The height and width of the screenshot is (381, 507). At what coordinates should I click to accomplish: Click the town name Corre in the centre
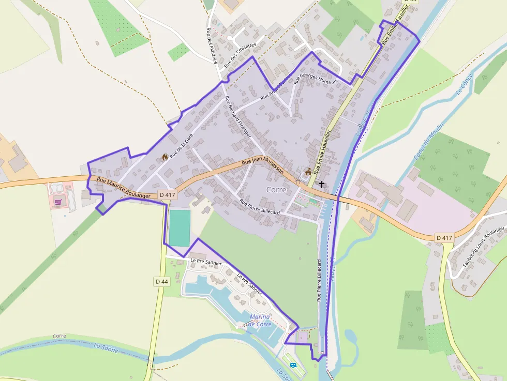point(276,190)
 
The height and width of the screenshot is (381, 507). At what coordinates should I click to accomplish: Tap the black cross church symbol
point(322,184)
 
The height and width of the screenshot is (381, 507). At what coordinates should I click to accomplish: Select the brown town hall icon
point(309,172)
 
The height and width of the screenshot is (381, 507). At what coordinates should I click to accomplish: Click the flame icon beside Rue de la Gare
point(165,157)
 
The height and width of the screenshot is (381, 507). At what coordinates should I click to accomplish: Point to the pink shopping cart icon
point(58,202)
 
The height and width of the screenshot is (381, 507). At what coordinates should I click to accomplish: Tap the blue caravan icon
point(293,365)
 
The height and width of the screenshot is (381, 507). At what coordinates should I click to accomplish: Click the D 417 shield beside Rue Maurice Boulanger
point(168,194)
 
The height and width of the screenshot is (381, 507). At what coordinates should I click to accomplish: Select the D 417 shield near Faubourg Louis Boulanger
point(444,238)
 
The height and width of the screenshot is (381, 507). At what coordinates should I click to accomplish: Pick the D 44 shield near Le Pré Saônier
point(161,281)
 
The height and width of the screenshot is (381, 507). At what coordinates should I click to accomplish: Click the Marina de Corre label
point(260,320)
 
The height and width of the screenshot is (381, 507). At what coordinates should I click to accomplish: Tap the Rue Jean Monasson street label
point(262,164)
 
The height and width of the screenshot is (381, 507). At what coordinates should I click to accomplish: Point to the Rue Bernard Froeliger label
point(238,117)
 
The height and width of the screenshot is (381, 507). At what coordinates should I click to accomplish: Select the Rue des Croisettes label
point(240,56)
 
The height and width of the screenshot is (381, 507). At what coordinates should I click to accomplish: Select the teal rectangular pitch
point(180,227)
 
